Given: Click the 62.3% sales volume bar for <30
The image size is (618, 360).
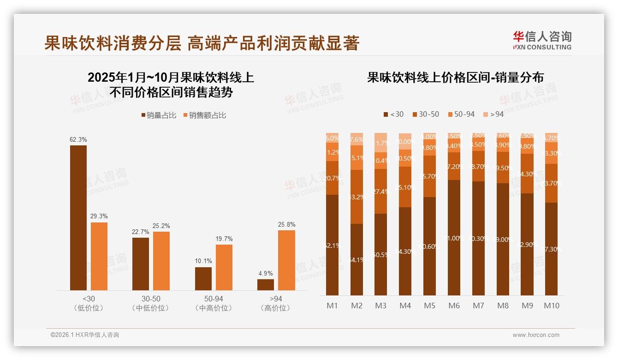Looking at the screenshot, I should [78, 217].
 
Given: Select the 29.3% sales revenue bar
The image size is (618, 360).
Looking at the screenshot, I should [99, 256].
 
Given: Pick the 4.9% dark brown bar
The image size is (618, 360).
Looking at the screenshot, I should [266, 284].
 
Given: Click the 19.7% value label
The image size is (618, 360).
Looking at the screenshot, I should [224, 239].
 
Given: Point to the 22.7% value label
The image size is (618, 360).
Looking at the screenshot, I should [141, 232].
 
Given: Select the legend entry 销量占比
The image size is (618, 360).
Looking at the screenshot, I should [159, 115].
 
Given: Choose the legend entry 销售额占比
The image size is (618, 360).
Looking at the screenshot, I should [205, 115].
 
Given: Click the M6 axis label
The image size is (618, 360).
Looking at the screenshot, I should [454, 306].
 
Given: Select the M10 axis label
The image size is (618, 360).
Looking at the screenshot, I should [551, 306].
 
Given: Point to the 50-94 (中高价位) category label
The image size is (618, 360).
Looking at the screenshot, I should [214, 303].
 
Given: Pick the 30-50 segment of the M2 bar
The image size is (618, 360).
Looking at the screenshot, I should [357, 197].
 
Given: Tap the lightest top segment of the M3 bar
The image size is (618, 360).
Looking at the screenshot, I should [380, 142].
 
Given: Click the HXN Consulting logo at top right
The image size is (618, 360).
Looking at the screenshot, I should [542, 40].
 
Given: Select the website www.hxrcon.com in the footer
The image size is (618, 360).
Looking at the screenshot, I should [536, 335].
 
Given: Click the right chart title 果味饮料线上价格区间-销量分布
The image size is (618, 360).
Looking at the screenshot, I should [455, 77].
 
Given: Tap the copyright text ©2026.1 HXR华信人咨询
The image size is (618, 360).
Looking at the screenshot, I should [84, 335].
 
